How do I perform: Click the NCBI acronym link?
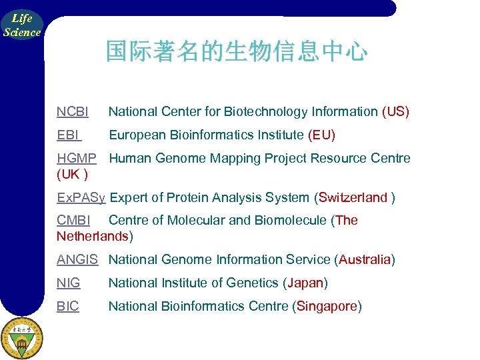(73, 111)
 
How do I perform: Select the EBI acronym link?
(69, 135)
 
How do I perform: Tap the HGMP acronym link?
(77, 159)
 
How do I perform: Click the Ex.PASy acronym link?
(81, 197)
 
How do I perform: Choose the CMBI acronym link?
(73, 221)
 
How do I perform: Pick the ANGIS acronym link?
(77, 259)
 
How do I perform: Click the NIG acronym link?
(69, 283)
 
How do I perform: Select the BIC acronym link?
(68, 307)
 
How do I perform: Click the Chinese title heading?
(236, 51)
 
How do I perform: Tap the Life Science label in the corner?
(21, 25)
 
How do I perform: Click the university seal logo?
(21, 337)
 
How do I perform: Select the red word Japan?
(305, 283)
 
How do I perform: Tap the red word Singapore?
(327, 307)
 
